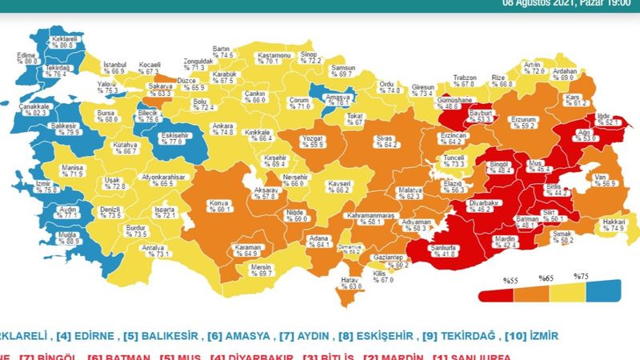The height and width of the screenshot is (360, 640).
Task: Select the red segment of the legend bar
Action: [495, 294]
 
